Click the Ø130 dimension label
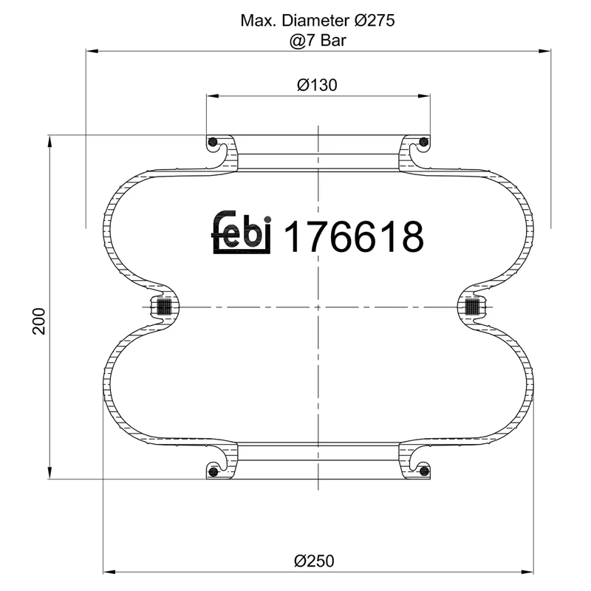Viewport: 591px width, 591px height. [x=317, y=85]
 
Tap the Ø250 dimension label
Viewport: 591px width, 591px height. [x=317, y=560]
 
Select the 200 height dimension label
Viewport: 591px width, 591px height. [x=39, y=321]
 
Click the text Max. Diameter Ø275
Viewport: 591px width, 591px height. [x=318, y=21]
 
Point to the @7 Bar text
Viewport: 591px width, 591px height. [x=318, y=40]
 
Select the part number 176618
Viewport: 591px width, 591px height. [x=354, y=236]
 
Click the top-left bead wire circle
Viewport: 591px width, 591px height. [x=213, y=142]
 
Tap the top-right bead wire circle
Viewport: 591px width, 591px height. [x=423, y=142]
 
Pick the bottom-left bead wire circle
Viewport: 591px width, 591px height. [x=213, y=471]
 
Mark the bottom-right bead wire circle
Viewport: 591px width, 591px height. [x=423, y=471]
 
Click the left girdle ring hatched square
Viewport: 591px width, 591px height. [x=164, y=306]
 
